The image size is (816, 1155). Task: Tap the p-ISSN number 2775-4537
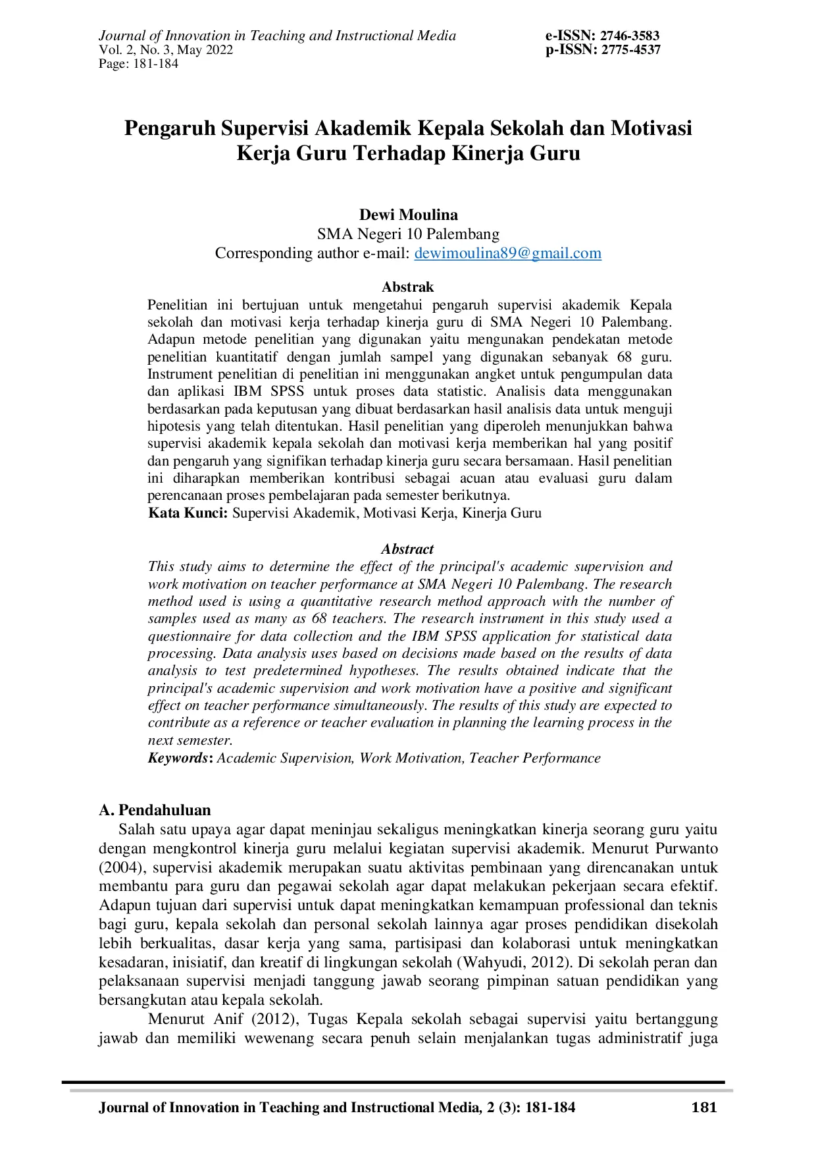pos(630,50)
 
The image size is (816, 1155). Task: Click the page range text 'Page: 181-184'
pos(138,64)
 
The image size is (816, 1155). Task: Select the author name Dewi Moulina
pos(408,215)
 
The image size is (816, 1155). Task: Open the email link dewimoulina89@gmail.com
pos(507,254)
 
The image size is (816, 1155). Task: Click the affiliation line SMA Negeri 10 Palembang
pos(408,234)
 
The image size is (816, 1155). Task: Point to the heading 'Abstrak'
pos(408,287)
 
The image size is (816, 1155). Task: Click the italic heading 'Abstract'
pos(407,549)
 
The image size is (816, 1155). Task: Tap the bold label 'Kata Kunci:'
pos(188,513)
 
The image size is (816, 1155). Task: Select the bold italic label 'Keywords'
pos(178,758)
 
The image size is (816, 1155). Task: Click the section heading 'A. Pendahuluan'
pos(155,810)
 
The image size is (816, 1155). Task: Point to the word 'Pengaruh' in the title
pos(170,128)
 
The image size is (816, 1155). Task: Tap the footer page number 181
pos(704,1108)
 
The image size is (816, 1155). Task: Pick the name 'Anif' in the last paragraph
pos(228,1019)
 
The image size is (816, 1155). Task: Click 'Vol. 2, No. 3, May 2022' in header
pos(166,50)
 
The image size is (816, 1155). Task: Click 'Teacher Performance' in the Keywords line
pos(534,758)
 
